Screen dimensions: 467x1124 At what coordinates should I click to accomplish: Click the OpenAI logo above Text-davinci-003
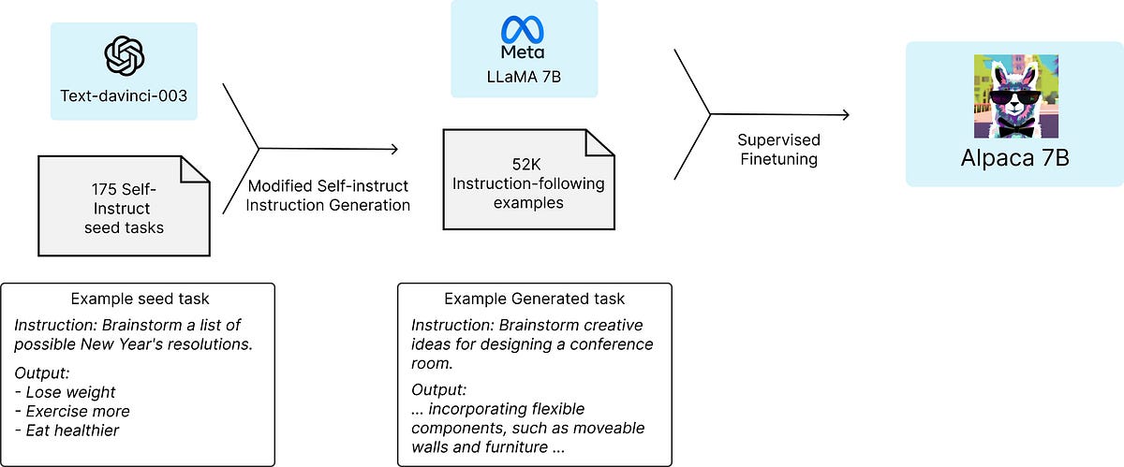[124, 56]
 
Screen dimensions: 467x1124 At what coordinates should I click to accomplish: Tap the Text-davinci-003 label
[124, 95]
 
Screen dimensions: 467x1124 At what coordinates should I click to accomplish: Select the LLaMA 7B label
[523, 74]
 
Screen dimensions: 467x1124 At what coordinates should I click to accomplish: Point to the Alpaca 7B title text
[1014, 157]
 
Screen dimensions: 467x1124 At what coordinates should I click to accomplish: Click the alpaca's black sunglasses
[1013, 97]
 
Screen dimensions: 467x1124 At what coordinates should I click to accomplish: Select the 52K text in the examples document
[528, 164]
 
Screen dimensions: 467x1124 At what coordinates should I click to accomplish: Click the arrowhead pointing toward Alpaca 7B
[845, 114]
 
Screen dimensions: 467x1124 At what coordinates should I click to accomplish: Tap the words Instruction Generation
[328, 205]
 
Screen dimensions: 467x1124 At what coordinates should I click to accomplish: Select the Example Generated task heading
[534, 299]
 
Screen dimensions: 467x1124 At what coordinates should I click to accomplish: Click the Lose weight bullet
[66, 392]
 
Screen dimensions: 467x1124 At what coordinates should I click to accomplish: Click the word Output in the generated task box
[438, 389]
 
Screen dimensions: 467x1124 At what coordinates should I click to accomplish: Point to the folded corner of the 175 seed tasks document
[195, 170]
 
